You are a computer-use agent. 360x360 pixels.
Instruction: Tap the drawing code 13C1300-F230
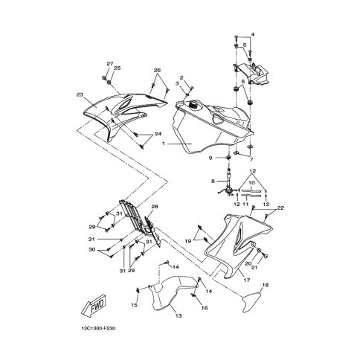click(x=98, y=329)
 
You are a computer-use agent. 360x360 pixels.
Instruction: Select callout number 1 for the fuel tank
click(x=163, y=144)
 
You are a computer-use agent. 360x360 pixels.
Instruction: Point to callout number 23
click(x=80, y=94)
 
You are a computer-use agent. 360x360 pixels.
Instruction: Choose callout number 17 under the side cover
click(x=247, y=280)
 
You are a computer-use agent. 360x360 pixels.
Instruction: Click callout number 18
click(x=266, y=285)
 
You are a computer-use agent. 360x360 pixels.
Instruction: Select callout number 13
click(x=179, y=315)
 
